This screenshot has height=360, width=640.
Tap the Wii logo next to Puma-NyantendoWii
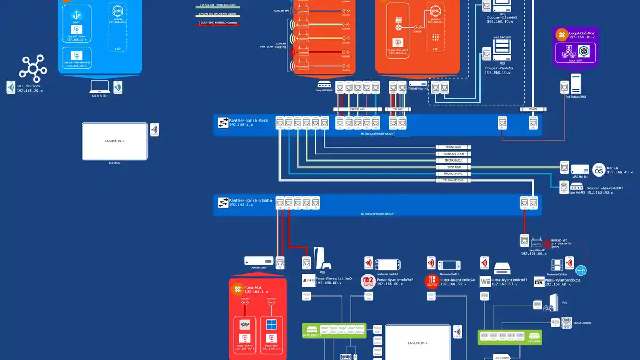485,281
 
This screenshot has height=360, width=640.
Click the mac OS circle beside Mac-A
598,170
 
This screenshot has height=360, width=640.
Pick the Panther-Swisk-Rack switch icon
222,123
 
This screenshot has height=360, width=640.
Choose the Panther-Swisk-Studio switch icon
222,203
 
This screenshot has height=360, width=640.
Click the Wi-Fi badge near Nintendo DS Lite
581,270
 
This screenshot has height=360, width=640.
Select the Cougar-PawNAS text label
499,68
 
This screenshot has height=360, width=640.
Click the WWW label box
533,109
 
